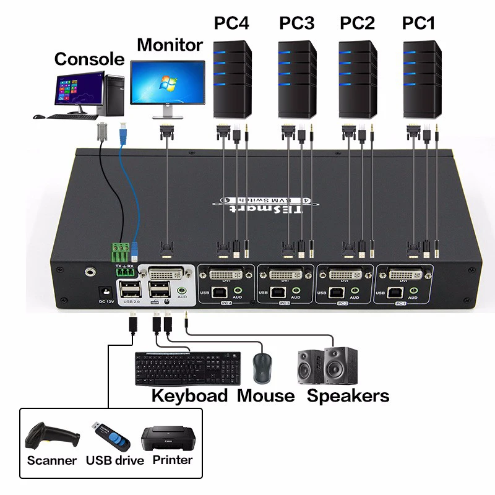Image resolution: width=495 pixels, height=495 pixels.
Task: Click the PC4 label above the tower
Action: pyautogui.click(x=231, y=24)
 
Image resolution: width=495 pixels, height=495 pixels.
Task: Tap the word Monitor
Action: pyautogui.click(x=170, y=45)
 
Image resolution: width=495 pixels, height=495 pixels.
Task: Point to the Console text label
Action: pyautogui.click(x=89, y=59)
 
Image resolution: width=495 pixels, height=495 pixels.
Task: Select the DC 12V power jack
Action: pyautogui.click(x=105, y=291)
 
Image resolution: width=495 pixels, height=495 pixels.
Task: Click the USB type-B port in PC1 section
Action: pyautogui.click(x=396, y=294)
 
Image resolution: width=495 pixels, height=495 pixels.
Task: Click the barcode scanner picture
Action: pyautogui.click(x=50, y=437)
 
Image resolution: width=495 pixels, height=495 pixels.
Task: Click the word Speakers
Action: pyautogui.click(x=348, y=396)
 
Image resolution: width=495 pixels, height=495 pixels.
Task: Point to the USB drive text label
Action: pyautogui.click(x=114, y=460)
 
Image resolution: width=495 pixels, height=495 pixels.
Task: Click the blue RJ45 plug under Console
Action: pyautogui.click(x=121, y=134)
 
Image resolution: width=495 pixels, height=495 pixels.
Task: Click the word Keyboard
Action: pyautogui.click(x=189, y=396)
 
